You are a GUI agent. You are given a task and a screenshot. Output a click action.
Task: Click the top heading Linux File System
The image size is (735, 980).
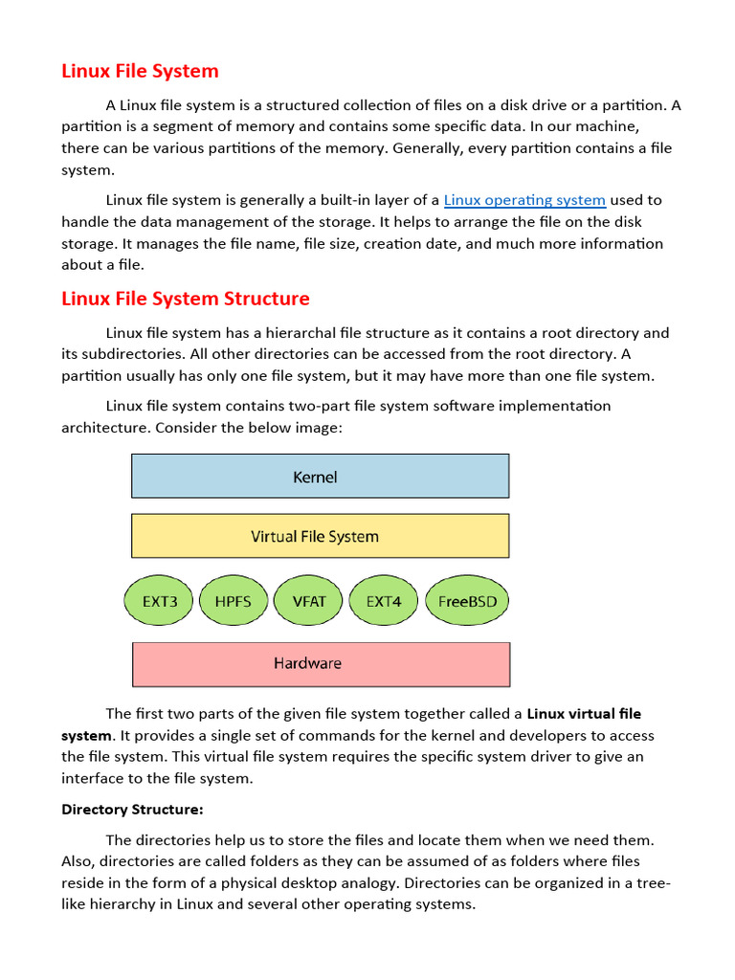coord(140,71)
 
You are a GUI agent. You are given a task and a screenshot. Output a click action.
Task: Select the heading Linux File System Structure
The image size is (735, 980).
coord(186,299)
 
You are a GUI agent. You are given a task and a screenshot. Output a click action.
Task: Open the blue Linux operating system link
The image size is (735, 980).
coord(524,200)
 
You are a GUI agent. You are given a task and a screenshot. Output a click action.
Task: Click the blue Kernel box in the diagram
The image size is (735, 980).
coord(320,476)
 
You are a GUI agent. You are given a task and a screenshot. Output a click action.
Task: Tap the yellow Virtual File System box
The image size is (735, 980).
coord(320,536)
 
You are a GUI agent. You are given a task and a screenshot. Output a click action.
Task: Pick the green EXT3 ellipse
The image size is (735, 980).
coord(159,602)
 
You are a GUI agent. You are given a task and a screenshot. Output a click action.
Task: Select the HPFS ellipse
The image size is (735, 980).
coord(234,602)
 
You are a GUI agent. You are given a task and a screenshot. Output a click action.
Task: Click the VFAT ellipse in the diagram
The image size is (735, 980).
coord(308,602)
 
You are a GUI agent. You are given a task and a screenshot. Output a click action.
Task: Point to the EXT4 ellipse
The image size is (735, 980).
coord(384,602)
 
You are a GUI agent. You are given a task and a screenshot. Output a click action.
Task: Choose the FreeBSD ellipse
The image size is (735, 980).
coord(467,602)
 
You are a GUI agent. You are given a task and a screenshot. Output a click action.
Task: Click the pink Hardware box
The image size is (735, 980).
coord(320,663)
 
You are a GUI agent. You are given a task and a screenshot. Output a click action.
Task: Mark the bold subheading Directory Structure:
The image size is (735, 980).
coord(132,810)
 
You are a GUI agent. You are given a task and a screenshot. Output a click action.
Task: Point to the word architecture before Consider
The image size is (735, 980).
coord(104,427)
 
